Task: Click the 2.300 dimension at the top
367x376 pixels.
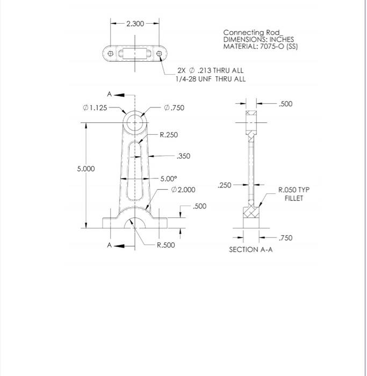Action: coord(135,24)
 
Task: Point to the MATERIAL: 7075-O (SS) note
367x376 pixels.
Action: coord(261,47)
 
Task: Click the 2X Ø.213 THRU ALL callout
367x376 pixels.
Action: coord(210,70)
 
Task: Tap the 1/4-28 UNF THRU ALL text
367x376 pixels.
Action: coord(210,79)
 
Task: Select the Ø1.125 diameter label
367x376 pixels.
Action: coord(95,107)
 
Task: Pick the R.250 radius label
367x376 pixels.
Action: coord(169,135)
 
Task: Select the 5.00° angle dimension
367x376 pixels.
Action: coord(168,179)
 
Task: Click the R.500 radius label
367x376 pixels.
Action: coord(165,245)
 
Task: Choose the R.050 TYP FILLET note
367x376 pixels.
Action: coord(294,194)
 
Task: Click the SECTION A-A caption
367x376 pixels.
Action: coord(250,250)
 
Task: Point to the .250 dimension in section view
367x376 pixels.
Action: coord(225,185)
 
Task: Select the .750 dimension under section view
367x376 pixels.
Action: coord(286,238)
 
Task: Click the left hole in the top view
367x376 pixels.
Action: coord(110,54)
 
